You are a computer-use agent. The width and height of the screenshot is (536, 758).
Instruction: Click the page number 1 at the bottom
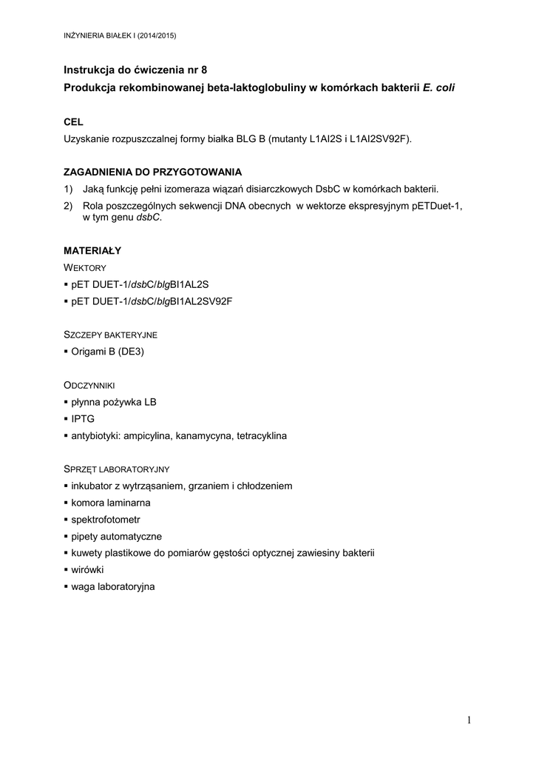pyautogui.click(x=469, y=721)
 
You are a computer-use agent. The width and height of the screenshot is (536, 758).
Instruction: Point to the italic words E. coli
pyautogui.click(x=439, y=87)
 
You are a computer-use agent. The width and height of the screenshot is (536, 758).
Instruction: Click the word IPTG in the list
pyautogui.click(x=83, y=419)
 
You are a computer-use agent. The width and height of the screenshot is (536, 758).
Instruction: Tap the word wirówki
pyautogui.click(x=87, y=570)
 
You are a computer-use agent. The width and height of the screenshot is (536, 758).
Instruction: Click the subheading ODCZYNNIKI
pyautogui.click(x=89, y=386)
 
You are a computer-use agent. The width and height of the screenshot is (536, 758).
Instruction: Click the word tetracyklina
pyautogui.click(x=262, y=436)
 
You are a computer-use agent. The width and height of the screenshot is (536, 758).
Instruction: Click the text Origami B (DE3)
pyautogui.click(x=107, y=352)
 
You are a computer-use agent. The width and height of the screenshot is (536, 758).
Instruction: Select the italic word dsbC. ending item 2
pyautogui.click(x=147, y=218)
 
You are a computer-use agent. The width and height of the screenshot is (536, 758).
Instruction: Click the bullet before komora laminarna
pyautogui.click(x=66, y=503)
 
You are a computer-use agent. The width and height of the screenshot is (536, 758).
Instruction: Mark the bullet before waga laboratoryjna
pyautogui.click(x=66, y=587)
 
